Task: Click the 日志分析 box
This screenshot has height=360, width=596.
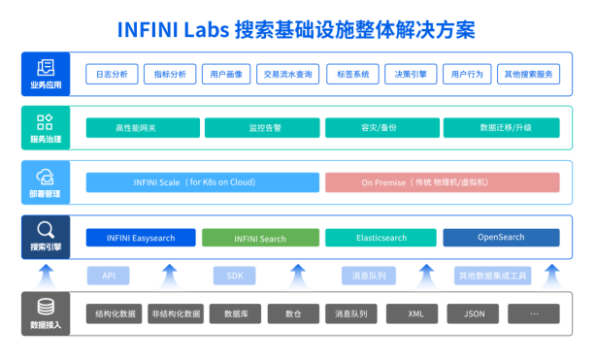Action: pos(112,74)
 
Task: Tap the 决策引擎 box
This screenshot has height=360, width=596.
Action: pos(408,74)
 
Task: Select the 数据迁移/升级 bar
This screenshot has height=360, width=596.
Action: pos(501,127)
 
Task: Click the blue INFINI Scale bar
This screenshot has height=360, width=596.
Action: pos(202,181)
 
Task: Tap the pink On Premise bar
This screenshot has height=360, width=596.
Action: pos(442,181)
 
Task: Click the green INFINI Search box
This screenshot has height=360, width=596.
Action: pos(261,238)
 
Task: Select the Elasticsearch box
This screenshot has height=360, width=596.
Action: pos(381,238)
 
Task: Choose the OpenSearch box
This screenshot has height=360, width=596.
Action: pos(501,238)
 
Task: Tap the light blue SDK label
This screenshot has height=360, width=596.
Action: pos(234,276)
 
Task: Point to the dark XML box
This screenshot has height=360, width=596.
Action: pos(414,313)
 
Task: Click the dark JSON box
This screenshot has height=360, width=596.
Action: pos(474,313)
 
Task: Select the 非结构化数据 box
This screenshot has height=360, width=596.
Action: pos(176,313)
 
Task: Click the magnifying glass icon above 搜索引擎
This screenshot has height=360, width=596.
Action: pos(45,229)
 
